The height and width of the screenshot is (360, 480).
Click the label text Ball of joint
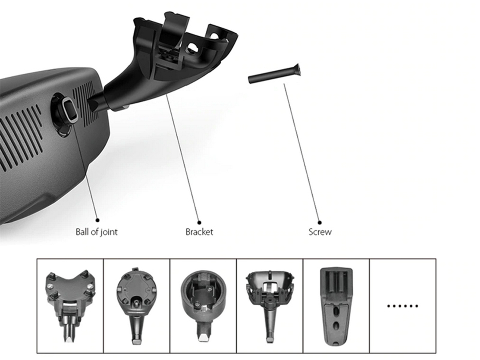(x=96, y=232)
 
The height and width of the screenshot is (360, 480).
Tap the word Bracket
(x=199, y=232)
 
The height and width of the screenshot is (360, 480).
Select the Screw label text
(x=320, y=232)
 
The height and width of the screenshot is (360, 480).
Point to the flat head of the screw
(x=297, y=70)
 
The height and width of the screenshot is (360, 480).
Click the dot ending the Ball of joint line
(x=97, y=220)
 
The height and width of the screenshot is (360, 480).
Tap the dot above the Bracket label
(x=199, y=222)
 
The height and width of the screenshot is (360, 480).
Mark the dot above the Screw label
(x=319, y=222)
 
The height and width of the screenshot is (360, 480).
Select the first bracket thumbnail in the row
(x=70, y=305)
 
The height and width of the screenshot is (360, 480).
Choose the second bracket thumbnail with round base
(x=136, y=305)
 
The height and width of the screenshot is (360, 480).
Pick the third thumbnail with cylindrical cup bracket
(x=203, y=305)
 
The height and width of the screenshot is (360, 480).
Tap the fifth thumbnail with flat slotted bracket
(x=336, y=305)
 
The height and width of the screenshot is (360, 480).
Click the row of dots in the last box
(x=402, y=306)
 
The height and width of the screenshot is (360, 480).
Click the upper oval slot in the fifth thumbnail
(x=336, y=309)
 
